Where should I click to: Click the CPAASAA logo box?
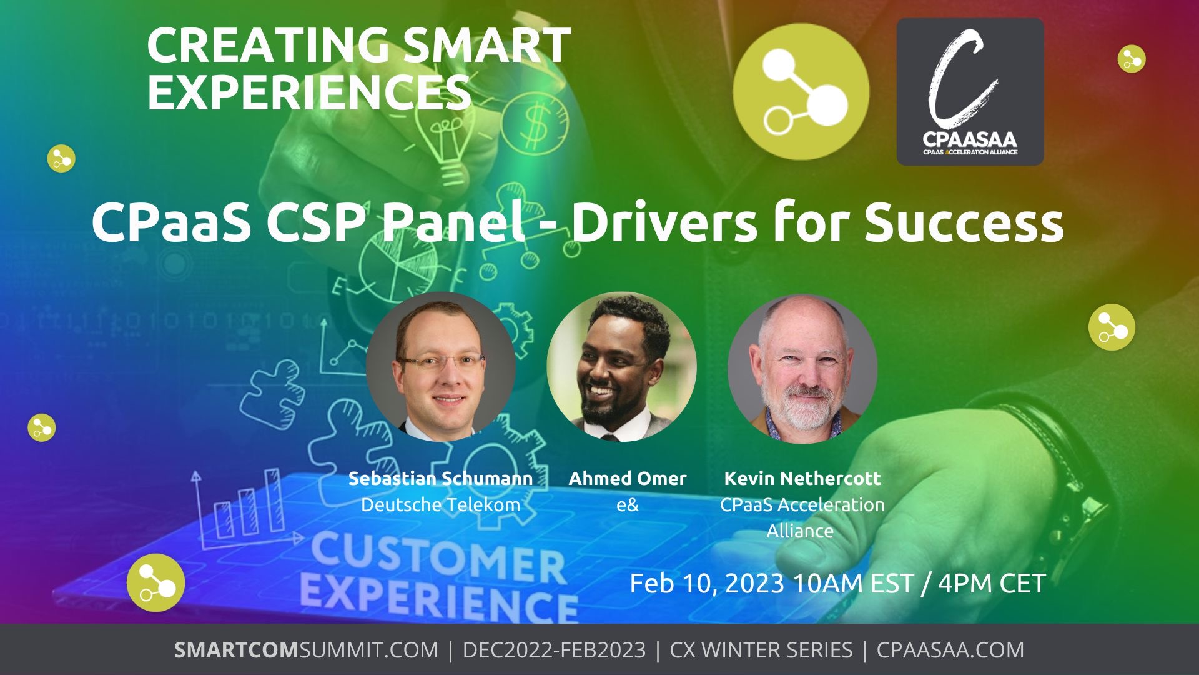tap(970, 92)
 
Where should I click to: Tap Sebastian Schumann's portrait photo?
tap(441, 367)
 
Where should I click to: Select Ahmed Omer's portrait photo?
tap(621, 367)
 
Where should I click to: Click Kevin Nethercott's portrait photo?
tap(802, 368)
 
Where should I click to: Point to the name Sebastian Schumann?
tap(440, 479)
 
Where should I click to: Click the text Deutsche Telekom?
tap(440, 505)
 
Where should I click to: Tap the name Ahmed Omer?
tap(627, 479)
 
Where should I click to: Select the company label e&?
tap(628, 505)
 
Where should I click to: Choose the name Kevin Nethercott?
tap(802, 479)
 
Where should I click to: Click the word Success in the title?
tap(964, 223)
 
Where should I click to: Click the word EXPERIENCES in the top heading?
tap(309, 92)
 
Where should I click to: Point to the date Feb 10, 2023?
tap(707, 584)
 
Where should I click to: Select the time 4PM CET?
tap(992, 584)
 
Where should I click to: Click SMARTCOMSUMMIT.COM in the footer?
tap(306, 650)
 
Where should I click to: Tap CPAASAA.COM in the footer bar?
tap(950, 650)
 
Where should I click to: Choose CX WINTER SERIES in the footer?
tap(761, 650)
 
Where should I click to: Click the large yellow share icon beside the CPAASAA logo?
tap(801, 92)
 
